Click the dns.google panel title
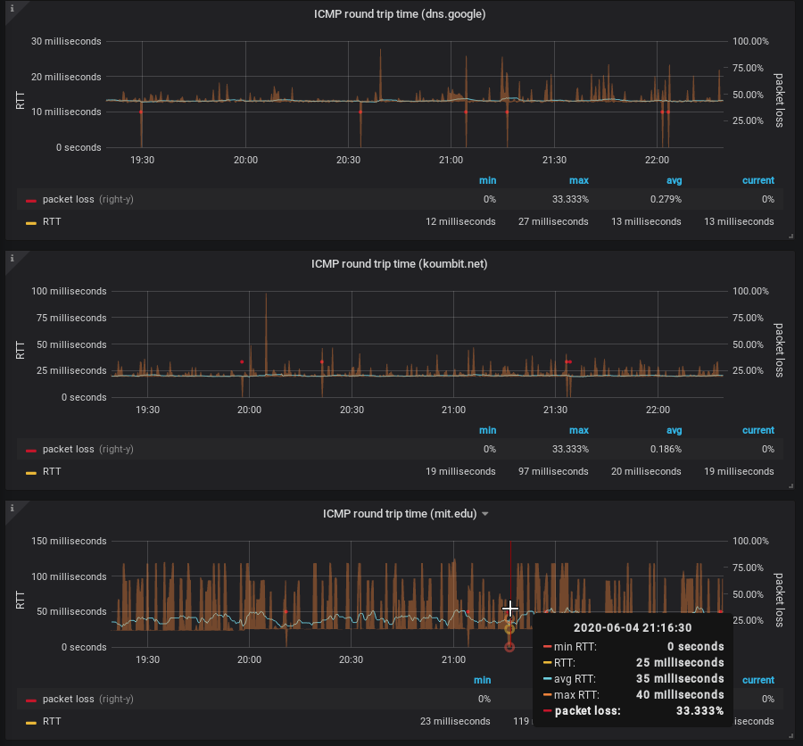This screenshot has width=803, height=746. [x=400, y=14]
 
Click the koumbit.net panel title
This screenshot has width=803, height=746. [x=400, y=264]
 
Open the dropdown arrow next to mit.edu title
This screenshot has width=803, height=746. [x=484, y=514]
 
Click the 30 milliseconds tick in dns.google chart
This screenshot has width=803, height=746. [x=66, y=41]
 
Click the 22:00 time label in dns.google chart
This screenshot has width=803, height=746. [x=657, y=160]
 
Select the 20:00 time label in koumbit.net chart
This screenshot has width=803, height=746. [x=249, y=410]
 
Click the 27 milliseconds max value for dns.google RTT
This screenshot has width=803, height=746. [x=553, y=221]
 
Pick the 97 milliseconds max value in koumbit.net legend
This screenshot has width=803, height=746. [x=553, y=471]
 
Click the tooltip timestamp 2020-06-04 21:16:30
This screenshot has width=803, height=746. [x=633, y=627]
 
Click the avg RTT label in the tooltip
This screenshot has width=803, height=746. [x=575, y=678]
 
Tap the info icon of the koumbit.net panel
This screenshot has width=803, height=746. [x=12, y=258]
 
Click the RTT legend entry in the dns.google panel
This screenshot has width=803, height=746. [x=51, y=221]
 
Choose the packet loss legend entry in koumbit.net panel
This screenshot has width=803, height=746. [x=71, y=449]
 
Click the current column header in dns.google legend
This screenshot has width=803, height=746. [x=757, y=180]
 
